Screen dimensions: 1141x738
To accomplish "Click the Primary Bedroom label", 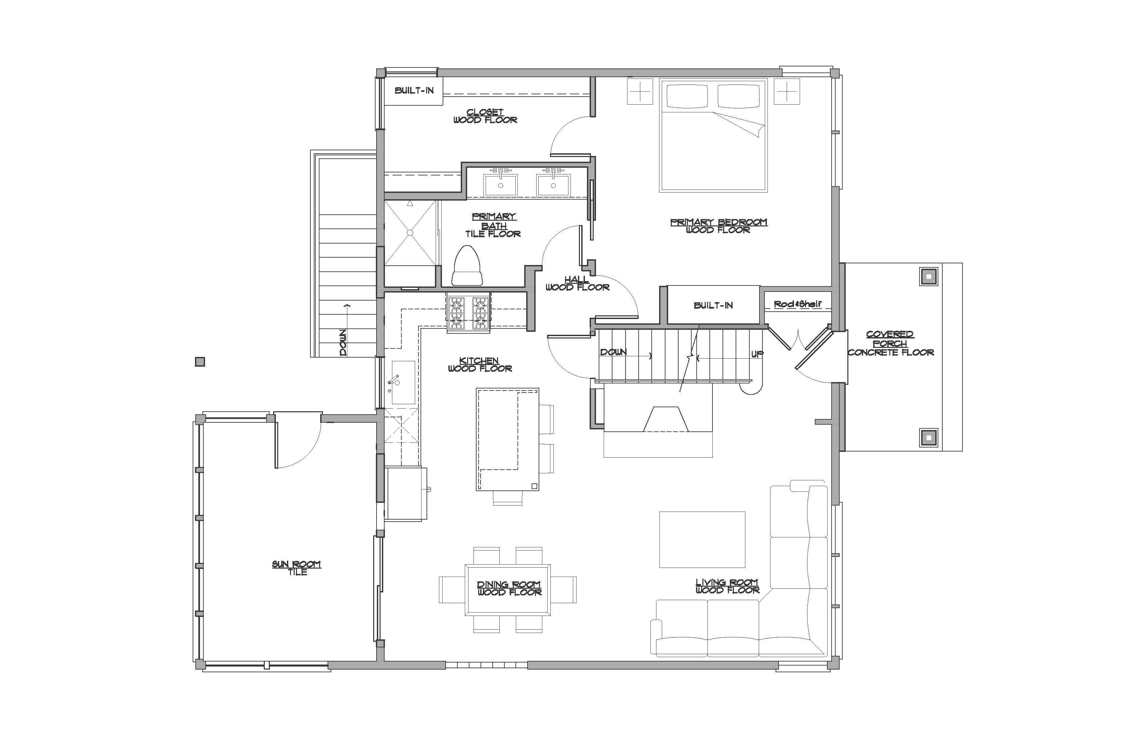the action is [x=718, y=226].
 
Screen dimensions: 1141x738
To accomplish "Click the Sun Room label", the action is [x=297, y=568].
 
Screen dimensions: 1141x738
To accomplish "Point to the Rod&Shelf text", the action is [x=797, y=304].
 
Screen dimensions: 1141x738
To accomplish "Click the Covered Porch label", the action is [x=890, y=343].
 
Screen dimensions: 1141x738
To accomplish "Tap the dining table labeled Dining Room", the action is [x=508, y=589].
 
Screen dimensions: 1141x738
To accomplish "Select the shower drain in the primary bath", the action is [x=410, y=232].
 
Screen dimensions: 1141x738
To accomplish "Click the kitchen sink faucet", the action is [x=394, y=381].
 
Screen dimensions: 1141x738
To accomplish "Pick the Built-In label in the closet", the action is [x=414, y=90].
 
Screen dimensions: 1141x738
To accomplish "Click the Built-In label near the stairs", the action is [x=713, y=305].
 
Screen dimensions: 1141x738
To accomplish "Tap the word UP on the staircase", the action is [x=757, y=355].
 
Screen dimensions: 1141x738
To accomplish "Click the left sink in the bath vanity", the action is [x=500, y=185].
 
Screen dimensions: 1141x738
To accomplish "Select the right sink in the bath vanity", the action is [x=553, y=185].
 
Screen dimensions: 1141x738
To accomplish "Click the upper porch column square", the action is [x=929, y=276].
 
